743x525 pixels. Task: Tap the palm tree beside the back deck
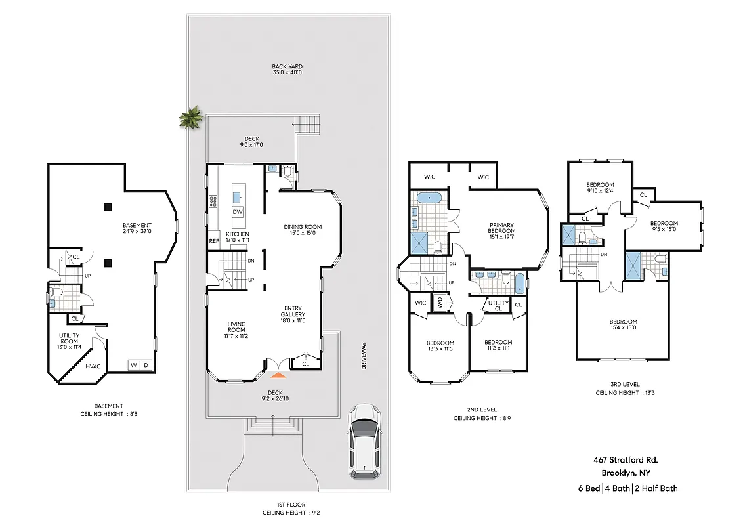pos(192,118)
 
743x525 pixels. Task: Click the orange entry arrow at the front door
pos(278,375)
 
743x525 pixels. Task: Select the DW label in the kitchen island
pos(238,212)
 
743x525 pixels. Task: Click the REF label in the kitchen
pos(214,241)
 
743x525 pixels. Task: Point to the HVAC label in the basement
pos(93,366)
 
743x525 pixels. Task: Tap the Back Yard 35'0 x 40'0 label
pos(287,70)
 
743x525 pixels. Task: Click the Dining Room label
pos(303,231)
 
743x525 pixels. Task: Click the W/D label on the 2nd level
pos(439,303)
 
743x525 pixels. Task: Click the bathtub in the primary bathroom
pos(430,197)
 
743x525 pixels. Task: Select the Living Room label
pos(236,330)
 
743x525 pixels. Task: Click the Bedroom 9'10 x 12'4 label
pos(600,188)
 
